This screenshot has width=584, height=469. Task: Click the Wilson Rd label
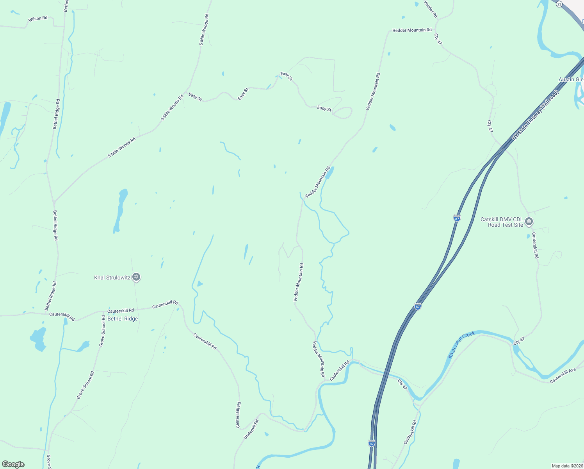38,19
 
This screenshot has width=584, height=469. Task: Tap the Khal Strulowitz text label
112,278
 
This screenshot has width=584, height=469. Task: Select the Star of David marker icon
136,277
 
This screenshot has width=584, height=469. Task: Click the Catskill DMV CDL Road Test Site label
502,222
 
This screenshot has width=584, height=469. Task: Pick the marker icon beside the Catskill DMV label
529,222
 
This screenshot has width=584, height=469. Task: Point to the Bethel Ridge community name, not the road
123,319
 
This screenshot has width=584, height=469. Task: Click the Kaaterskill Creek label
461,345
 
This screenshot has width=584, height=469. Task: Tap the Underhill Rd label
251,429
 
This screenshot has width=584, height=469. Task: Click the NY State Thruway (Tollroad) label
536,115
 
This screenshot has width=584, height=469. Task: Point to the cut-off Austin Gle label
571,79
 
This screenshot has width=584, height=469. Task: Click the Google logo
13,464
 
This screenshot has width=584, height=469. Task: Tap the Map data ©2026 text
567,466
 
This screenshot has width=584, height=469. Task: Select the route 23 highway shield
559,4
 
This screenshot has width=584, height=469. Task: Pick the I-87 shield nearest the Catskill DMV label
457,218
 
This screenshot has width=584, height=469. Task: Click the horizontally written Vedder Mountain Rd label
412,30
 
